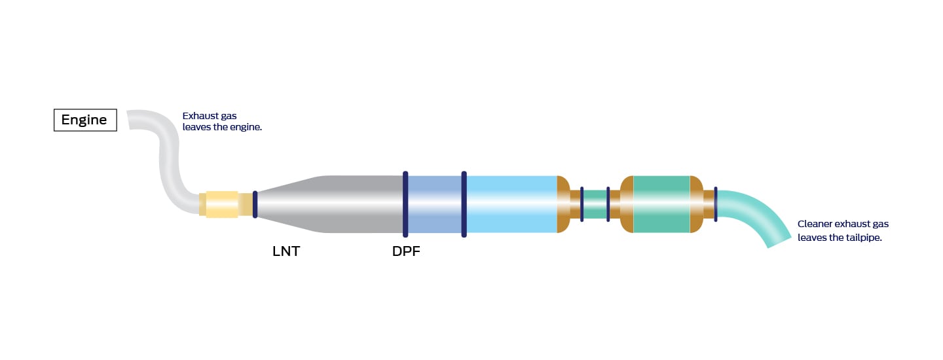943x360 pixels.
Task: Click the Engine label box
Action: point(85,120)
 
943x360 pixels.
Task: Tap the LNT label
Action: point(286,251)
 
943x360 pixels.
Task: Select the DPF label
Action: point(406,251)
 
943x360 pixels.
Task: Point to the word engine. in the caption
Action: point(246,127)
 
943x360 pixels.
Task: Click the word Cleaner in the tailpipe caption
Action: point(814,224)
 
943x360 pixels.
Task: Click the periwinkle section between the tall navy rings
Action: point(434,204)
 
